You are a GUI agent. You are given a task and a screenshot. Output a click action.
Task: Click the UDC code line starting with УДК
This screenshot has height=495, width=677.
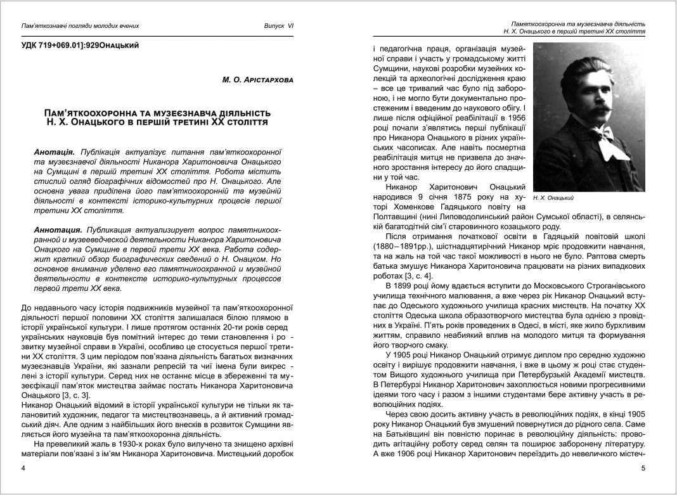coord(80,45)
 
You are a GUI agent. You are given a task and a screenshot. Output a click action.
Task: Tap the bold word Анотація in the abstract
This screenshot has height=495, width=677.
coord(55,153)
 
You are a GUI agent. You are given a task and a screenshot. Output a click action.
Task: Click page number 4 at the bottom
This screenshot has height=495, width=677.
coord(23,468)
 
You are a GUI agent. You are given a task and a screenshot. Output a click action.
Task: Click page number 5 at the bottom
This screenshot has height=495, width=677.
coord(642,468)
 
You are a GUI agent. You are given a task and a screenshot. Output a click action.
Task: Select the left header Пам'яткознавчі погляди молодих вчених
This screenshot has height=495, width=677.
coord(80,26)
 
